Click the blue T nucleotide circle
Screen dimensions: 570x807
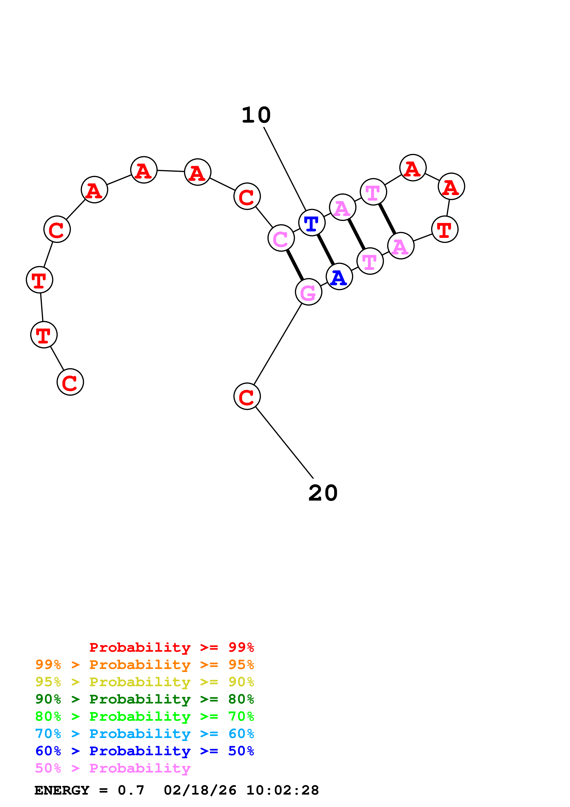(312, 222)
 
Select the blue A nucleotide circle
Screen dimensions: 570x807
(339, 277)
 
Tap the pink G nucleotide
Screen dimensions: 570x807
(308, 292)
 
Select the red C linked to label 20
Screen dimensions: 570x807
(247, 396)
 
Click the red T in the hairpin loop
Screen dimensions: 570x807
(445, 229)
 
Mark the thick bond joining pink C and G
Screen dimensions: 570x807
(295, 265)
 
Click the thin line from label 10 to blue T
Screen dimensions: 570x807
(285, 169)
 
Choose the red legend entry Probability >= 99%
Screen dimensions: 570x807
(172, 647)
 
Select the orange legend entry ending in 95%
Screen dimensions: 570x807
(145, 665)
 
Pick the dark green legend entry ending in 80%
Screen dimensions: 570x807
(145, 699)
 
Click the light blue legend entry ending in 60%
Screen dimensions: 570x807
(145, 734)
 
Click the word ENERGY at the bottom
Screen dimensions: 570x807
(62, 790)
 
